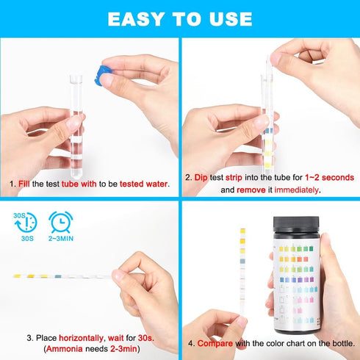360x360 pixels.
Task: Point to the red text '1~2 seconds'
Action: (325, 178)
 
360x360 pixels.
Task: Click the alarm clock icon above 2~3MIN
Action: (60, 220)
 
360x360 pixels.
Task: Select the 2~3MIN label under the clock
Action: (60, 239)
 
